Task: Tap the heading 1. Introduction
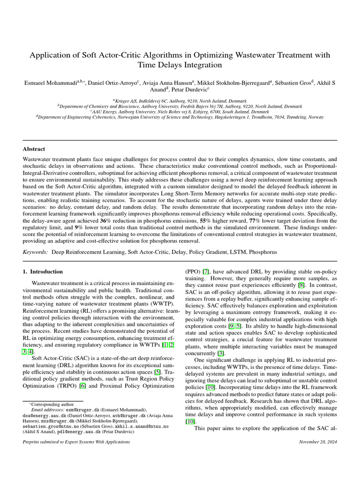(43, 271)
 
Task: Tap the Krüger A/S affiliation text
(126, 100)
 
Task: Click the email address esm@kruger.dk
(74, 409)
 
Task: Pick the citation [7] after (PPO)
(205, 271)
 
